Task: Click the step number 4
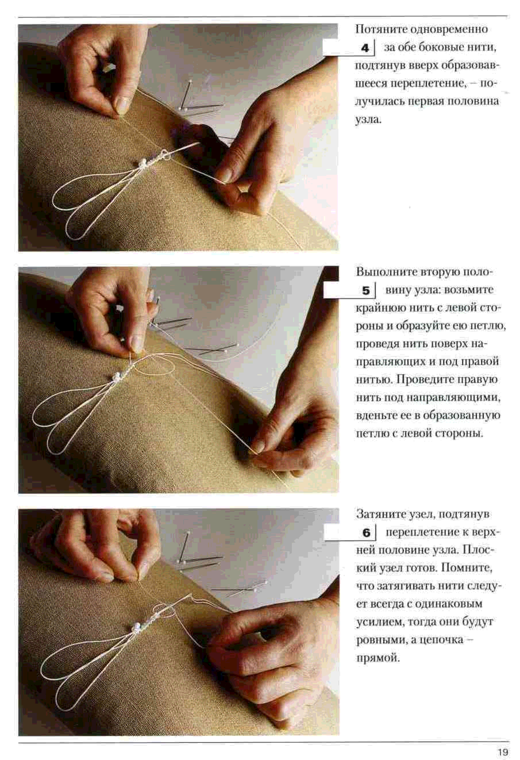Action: point(365,48)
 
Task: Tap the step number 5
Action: point(366,291)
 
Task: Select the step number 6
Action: point(366,533)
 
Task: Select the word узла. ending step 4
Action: point(368,120)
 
